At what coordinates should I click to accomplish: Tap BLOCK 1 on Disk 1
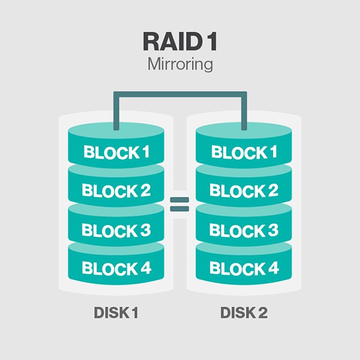pos(116,152)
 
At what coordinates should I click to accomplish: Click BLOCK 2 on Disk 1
pos(116,191)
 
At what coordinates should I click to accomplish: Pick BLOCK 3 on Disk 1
pos(116,230)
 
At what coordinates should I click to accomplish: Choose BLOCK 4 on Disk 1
pos(116,268)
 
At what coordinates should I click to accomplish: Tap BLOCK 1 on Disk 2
pos(244,152)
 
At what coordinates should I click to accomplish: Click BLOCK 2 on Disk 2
pos(244,191)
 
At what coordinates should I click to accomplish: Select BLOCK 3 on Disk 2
pos(244,230)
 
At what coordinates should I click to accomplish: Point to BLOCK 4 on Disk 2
pos(244,268)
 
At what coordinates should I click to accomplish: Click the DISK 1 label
pos(116,313)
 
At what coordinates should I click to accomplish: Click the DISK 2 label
pos(244,313)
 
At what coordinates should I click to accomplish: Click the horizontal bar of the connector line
pos(180,94)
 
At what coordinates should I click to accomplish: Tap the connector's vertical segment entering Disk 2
pos(244,112)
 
